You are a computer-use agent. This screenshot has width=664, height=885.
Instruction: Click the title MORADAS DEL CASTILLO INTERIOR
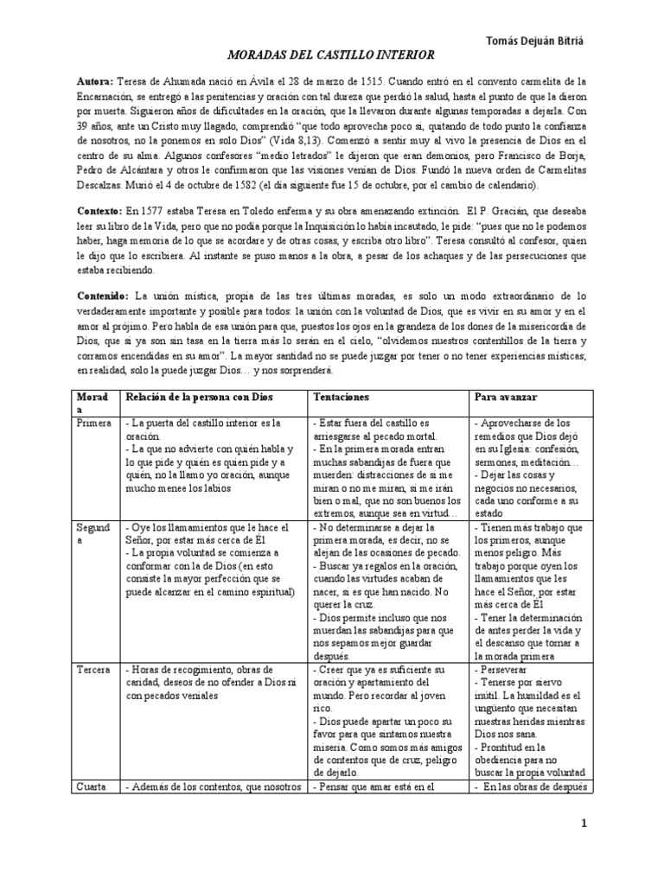click(x=331, y=55)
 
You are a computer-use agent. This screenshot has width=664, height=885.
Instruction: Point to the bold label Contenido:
click(x=103, y=295)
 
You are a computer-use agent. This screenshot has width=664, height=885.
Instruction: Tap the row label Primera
click(x=94, y=423)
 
